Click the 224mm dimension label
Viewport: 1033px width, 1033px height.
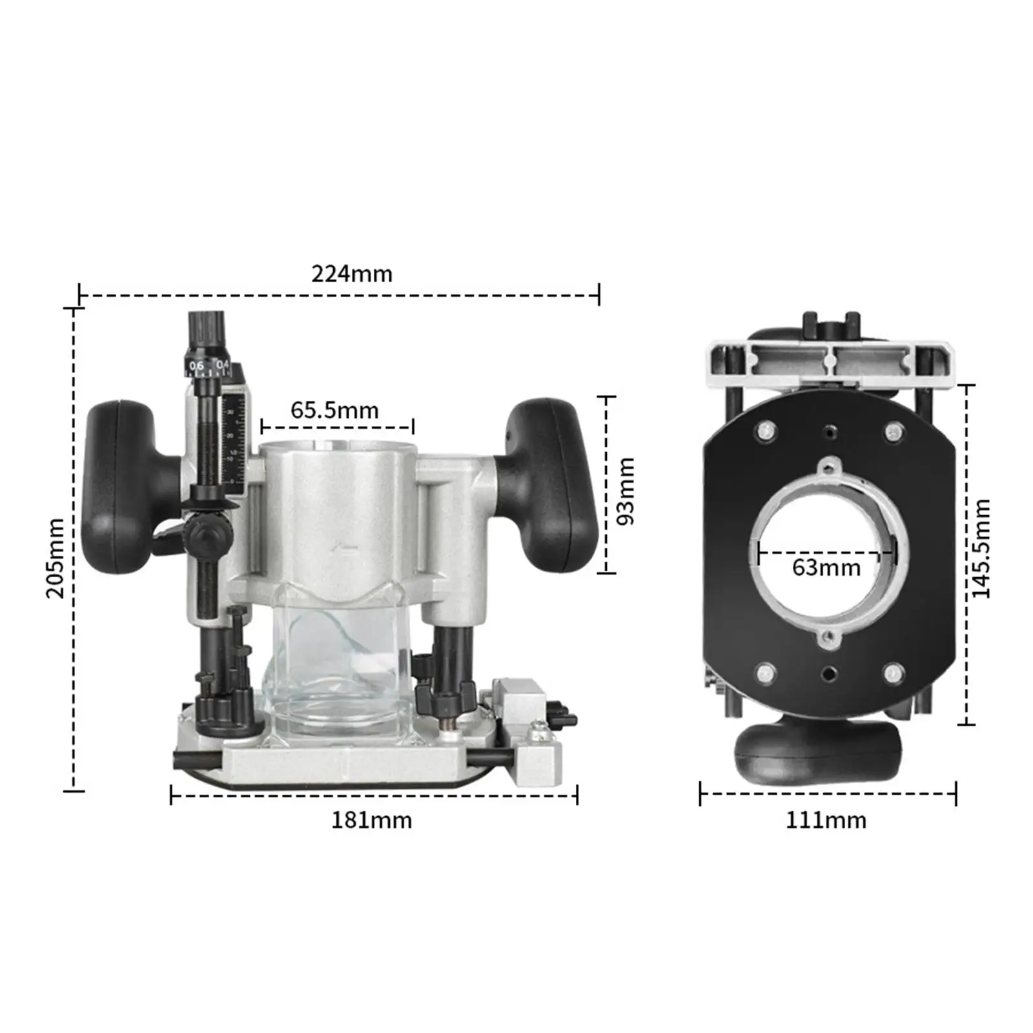point(352,274)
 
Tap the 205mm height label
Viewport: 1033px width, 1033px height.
point(56,558)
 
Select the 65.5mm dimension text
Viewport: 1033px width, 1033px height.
point(334,410)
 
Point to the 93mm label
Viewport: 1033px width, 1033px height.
point(625,491)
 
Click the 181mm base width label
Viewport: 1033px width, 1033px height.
point(371,820)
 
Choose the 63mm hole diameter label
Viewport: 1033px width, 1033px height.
point(826,568)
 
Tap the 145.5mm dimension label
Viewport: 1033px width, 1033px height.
point(980,548)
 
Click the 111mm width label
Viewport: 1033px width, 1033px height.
point(826,820)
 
